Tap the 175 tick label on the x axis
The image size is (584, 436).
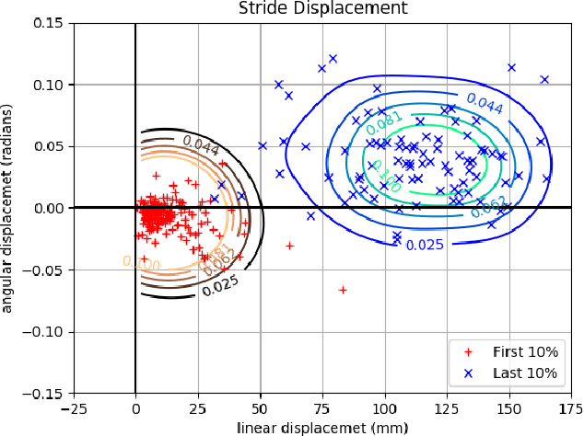(x=570, y=408)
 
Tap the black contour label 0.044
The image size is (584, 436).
(x=202, y=143)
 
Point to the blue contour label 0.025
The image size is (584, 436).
(x=425, y=245)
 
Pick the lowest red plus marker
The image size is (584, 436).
(x=343, y=290)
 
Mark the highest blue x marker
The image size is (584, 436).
(x=333, y=59)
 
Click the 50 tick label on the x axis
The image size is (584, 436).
(x=259, y=408)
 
